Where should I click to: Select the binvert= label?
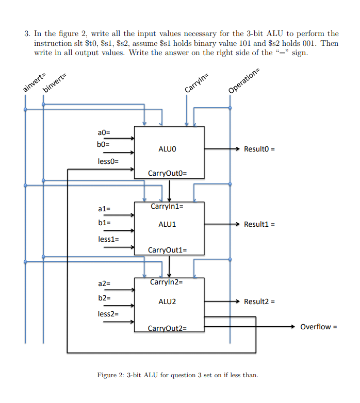tap(55, 82)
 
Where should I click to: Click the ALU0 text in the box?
tap(168, 149)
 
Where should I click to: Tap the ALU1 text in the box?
tap(168, 225)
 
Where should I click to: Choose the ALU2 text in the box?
tap(168, 301)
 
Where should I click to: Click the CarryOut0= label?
tap(167, 173)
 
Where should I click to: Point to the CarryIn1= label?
tap(167, 207)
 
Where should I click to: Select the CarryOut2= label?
tap(167, 328)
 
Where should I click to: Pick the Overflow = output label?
tap(318, 327)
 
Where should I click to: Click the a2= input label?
tap(104, 283)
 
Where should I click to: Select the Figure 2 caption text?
tap(177, 375)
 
